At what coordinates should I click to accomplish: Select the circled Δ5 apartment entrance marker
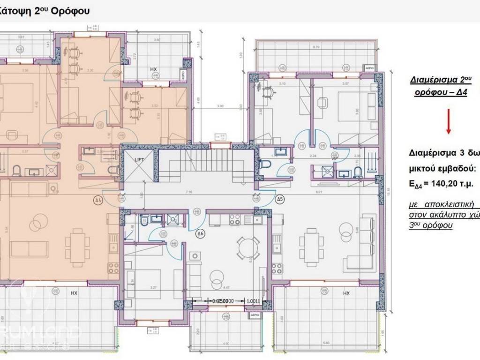click(280, 199)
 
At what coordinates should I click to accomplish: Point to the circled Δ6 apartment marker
click(199, 232)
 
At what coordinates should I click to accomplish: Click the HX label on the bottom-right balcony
click(346, 293)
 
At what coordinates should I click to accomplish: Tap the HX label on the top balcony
click(153, 69)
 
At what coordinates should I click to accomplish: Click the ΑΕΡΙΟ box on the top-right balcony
click(369, 67)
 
